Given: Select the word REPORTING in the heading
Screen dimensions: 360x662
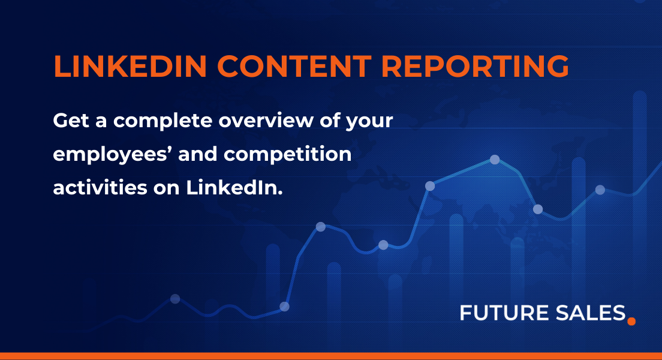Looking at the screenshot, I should [474, 67].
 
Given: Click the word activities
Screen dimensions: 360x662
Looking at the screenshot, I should [96, 188].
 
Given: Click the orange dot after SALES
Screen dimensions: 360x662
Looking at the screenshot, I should [630, 321].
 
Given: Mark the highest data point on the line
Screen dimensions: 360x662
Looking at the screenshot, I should [495, 160].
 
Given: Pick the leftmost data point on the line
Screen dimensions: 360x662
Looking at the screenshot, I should [175, 299].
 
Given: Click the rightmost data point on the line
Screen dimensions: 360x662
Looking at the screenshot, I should [600, 190].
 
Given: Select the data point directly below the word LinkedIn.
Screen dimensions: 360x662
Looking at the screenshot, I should [284, 306].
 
